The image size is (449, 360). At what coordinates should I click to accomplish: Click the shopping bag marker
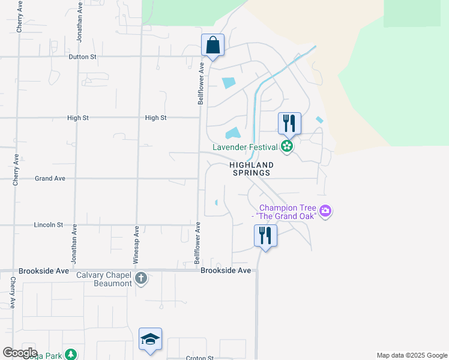pyautogui.click(x=212, y=45)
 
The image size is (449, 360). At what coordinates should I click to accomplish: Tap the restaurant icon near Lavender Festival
pyautogui.click(x=289, y=124)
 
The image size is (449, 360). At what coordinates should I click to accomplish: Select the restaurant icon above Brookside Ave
pyautogui.click(x=265, y=235)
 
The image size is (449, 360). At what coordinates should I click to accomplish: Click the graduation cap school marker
pyautogui.click(x=150, y=339)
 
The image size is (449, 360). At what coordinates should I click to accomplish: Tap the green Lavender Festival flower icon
pyautogui.click(x=287, y=146)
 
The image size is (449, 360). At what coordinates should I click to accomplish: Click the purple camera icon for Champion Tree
pyautogui.click(x=326, y=211)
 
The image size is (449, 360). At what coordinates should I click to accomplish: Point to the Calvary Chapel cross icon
pyautogui.click(x=140, y=278)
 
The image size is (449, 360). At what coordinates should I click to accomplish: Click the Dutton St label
pyautogui.click(x=82, y=57)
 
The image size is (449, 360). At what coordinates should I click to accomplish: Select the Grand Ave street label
pyautogui.click(x=50, y=178)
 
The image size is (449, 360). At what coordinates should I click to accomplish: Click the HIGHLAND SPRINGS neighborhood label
pyautogui.click(x=251, y=169)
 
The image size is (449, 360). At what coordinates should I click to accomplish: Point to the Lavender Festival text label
pyautogui.click(x=245, y=147)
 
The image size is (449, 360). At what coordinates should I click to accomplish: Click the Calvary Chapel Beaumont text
pyautogui.click(x=104, y=279)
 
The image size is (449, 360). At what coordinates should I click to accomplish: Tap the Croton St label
pyautogui.click(x=200, y=358)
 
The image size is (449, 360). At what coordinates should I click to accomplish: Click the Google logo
pyautogui.click(x=20, y=353)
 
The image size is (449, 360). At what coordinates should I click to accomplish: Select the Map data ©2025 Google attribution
pyautogui.click(x=411, y=355)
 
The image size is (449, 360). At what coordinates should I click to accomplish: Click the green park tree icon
pyautogui.click(x=71, y=355)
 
